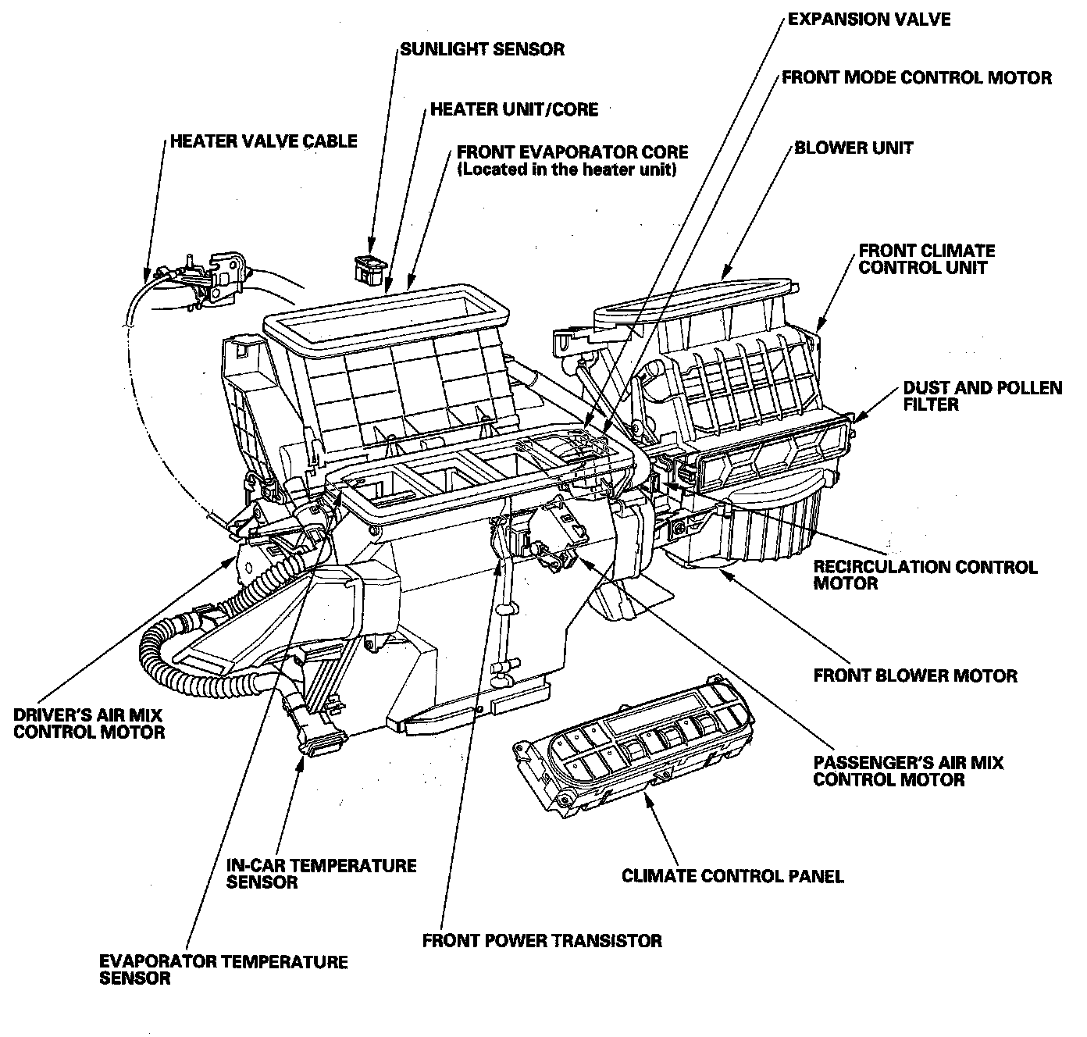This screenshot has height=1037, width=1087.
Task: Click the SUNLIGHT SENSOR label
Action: pos(482,49)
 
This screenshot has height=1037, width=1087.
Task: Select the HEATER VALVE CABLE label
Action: pos(263,141)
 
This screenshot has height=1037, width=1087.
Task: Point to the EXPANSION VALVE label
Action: pos(868,19)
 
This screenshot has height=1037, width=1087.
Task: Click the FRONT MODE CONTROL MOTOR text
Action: pos(916,78)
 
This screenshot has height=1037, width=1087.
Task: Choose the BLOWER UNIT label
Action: pos(853,148)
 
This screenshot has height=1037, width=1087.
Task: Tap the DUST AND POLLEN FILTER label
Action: pos(982,396)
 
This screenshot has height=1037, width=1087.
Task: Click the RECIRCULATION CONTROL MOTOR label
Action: pos(925,575)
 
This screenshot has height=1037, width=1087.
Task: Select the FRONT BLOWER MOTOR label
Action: pos(915,675)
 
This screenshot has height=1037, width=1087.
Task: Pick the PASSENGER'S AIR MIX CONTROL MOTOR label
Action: pos(908,771)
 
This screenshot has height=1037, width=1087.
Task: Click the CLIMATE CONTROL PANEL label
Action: pos(732,876)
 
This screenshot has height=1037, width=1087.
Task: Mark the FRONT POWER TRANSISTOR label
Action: pos(542,940)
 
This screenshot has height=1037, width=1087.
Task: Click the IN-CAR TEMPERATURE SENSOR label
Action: pos(321,874)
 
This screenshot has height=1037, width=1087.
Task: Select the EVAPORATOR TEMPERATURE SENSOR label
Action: pos(223,969)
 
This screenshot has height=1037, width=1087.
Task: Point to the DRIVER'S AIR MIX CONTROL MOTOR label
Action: pos(89,723)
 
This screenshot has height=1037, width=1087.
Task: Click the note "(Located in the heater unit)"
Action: pos(566,169)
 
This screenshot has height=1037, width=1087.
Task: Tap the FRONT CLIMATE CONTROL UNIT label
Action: pos(926,259)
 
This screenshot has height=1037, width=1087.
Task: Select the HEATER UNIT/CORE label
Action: pos(514,109)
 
